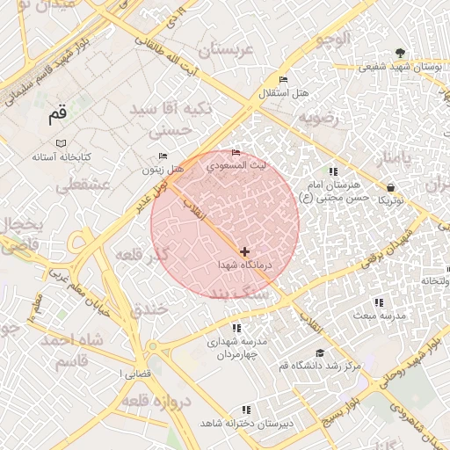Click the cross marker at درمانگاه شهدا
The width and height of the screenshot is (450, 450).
tap(244, 251)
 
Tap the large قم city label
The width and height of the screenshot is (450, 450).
tap(57, 114)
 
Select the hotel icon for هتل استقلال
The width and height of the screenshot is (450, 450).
tap(282, 79)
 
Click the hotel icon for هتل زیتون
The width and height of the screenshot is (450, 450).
tap(163, 156)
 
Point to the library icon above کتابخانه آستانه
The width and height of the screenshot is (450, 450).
tap(61, 143)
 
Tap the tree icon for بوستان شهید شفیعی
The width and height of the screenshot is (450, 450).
tap(401, 53)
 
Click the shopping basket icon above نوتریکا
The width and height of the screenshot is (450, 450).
tap(389, 187)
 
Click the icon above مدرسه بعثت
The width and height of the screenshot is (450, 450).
tap(379, 302)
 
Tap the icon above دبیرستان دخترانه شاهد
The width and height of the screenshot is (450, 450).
tap(245, 410)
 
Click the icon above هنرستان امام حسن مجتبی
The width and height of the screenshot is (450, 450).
tap(332, 171)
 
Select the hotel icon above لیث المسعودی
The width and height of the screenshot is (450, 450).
tap(235, 153)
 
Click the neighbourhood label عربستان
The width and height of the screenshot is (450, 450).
tap(225, 51)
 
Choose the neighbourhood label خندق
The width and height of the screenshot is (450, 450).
tap(148, 310)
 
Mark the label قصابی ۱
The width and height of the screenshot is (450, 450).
tap(135, 374)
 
